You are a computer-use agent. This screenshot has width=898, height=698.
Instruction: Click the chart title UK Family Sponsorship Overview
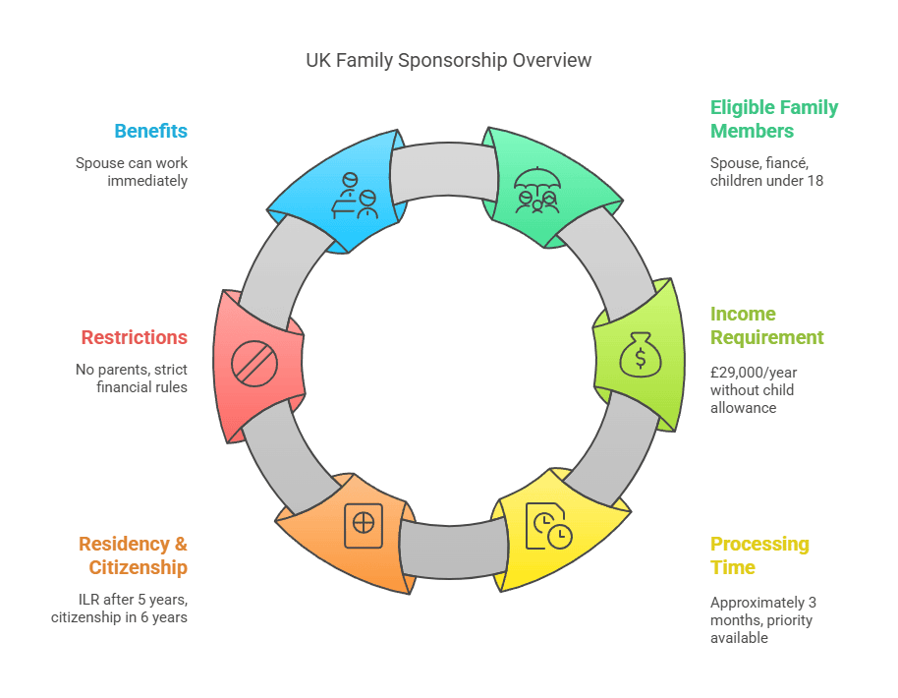pos(448,60)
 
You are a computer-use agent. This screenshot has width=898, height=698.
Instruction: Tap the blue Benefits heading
pos(150,131)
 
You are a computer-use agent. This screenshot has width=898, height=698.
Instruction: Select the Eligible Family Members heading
pos(774,119)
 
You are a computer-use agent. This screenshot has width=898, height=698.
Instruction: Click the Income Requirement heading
pos(766,325)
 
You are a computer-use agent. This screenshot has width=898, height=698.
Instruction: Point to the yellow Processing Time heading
pos(759,555)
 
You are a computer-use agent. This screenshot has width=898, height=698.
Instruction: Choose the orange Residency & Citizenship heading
pos(133,555)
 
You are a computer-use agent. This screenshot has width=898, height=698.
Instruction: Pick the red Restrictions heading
pos(134,337)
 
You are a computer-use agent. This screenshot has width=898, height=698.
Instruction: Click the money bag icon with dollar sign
pos(641,355)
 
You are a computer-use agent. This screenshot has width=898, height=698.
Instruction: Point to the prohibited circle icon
pos(254,363)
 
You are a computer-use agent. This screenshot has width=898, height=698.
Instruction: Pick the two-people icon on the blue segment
pos(355,196)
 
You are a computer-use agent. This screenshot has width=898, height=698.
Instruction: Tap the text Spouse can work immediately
pos(132,172)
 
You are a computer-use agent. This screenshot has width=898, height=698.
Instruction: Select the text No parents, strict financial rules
pos(132,378)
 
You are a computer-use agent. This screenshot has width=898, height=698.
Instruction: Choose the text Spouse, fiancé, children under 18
pos(766,172)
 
